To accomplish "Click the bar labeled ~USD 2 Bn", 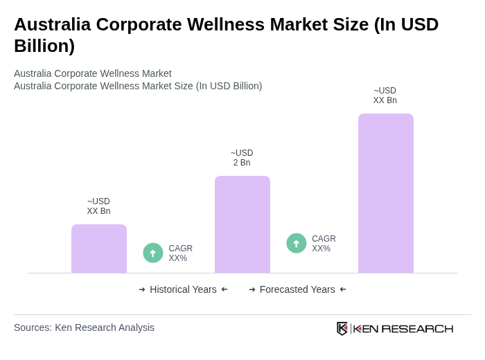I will pos(242,224).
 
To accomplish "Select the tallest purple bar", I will pos(385,193).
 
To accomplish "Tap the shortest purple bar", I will pos(99,249).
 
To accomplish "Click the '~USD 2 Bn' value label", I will pos(242,158).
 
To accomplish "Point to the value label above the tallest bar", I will pos(385,96).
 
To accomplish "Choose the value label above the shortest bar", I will pos(98,206).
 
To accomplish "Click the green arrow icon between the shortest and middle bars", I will pos(153,253).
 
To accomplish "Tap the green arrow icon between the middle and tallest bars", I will pos(297,243).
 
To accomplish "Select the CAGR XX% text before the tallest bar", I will pos(324,244).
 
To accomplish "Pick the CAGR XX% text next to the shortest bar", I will pos(180,253).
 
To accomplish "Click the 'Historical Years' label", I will pos(183,289).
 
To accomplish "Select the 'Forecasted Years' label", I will pos(297,289).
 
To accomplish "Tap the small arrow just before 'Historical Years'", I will pos(142,289).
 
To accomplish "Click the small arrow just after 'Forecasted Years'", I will pos(343,289).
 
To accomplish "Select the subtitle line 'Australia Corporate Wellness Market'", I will pos(93,73).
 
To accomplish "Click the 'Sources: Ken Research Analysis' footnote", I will pos(84,327).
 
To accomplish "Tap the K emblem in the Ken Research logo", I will pos(342,328).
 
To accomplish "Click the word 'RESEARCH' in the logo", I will pos(417,328).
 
